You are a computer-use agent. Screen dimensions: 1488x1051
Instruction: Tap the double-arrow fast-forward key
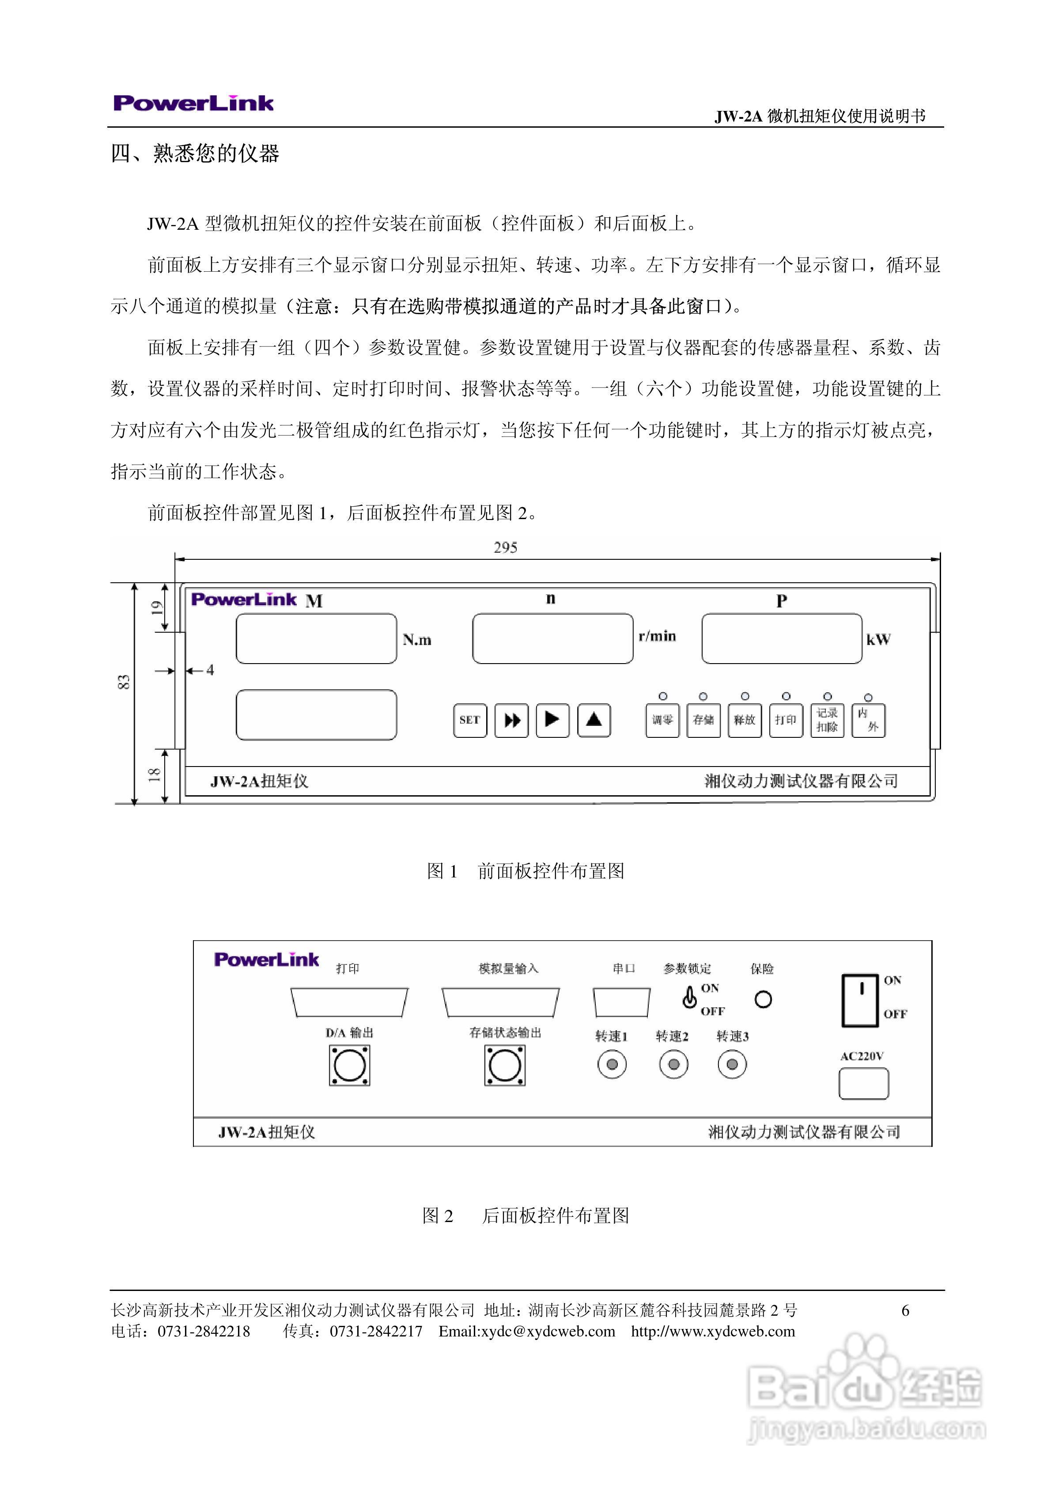[511, 720]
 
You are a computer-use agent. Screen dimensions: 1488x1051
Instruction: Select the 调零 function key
[662, 720]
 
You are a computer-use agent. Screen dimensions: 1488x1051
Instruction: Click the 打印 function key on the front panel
[785, 720]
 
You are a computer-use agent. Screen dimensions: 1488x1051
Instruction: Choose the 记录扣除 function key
[827, 720]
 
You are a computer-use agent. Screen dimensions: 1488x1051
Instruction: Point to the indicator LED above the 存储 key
[704, 697]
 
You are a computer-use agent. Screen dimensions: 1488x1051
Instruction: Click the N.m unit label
[416, 640]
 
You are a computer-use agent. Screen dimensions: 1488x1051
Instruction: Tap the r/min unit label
[657, 636]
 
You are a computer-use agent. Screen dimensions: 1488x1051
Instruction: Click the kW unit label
[879, 640]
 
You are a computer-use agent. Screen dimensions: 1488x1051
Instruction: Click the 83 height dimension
[124, 682]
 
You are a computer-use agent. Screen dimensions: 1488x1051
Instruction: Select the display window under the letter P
[782, 638]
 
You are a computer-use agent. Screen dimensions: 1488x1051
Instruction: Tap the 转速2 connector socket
[673, 1064]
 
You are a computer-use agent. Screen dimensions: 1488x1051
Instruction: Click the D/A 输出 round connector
[349, 1066]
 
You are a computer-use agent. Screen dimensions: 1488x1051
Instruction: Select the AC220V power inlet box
[863, 1084]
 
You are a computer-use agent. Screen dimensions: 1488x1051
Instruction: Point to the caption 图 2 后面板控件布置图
[525, 1216]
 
